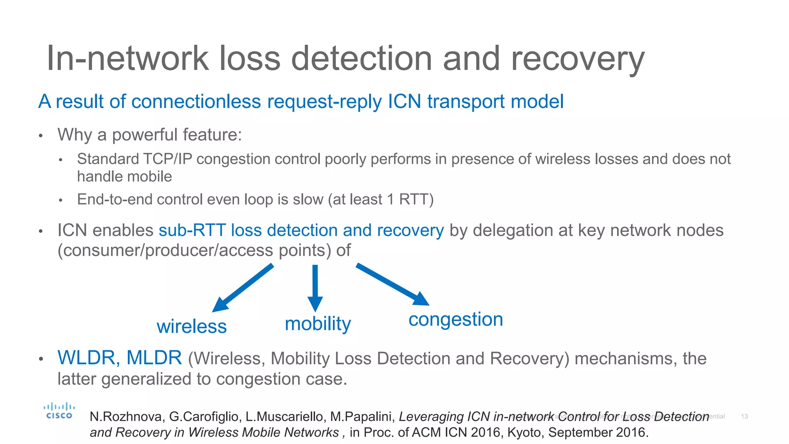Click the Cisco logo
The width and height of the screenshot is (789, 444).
click(x=59, y=411)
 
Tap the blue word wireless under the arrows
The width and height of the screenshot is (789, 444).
click(x=191, y=326)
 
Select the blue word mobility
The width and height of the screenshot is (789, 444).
click(x=318, y=324)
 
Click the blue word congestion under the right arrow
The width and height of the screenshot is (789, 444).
click(x=456, y=320)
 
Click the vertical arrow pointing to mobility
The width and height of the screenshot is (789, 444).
click(x=315, y=287)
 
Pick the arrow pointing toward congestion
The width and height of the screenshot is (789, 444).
click(x=393, y=284)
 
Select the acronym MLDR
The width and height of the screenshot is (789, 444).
click(x=154, y=358)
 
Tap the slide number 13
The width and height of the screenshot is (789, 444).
click(x=744, y=417)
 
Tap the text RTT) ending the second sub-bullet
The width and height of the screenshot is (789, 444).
click(x=416, y=200)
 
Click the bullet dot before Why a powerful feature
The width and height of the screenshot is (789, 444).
click(x=40, y=136)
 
